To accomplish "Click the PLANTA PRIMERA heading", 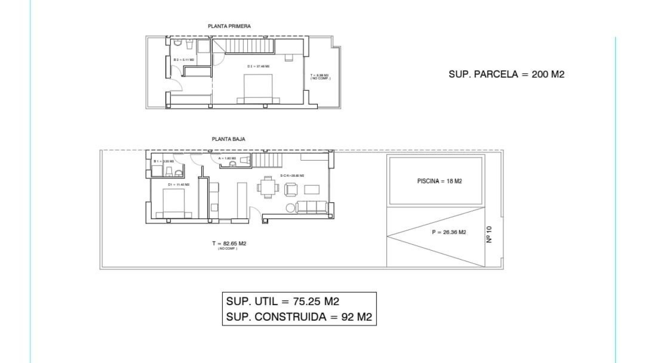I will coord(229,26).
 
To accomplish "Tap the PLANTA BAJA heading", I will coord(228,139).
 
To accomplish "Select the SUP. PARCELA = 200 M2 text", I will coord(506,74).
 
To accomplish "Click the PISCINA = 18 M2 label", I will coord(439,181).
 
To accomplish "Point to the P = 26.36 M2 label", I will coord(449,232).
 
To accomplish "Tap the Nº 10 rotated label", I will coord(489,234).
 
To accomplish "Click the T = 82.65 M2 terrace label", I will coord(229,244).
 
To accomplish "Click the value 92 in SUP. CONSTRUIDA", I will coord(348,317).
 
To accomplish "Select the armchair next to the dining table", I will coord(291,190).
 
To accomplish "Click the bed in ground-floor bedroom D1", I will coord(174,203).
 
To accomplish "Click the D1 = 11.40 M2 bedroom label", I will coord(179,185).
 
